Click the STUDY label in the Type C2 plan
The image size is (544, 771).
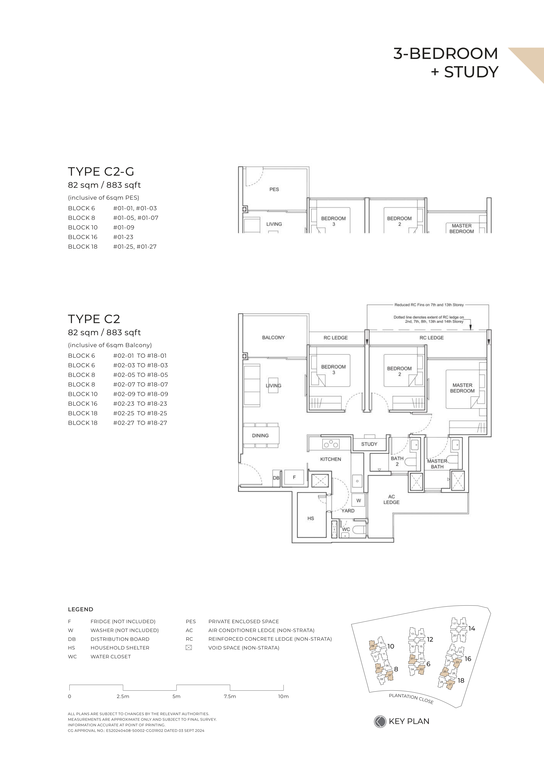coord(369,444)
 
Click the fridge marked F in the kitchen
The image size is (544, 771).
coord(294,477)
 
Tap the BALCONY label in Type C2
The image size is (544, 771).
coord(273,338)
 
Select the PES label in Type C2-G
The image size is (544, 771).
coord(274,189)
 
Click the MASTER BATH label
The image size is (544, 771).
coord(437,464)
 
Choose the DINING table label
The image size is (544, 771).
coord(260,436)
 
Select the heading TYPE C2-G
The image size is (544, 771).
coord(101,172)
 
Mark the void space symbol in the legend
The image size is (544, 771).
coord(189,648)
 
